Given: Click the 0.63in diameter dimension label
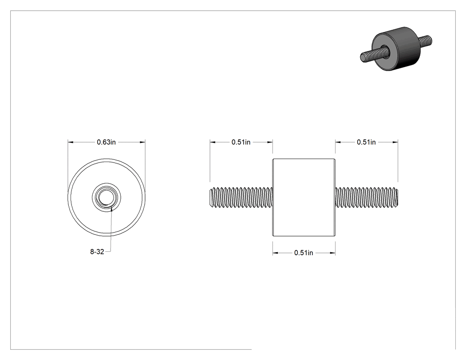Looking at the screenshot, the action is click(106, 142).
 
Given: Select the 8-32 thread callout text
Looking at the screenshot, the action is click(97, 252).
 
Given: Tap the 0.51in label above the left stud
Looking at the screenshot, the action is click(241, 142).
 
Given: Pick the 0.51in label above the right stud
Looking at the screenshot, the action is click(366, 142).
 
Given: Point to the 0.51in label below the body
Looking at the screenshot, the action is click(304, 253).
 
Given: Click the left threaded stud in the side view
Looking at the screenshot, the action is click(241, 198).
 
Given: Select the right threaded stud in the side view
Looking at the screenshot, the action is click(367, 198).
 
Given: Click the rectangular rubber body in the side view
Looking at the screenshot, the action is click(304, 198).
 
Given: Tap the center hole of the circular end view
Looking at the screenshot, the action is click(107, 198).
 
